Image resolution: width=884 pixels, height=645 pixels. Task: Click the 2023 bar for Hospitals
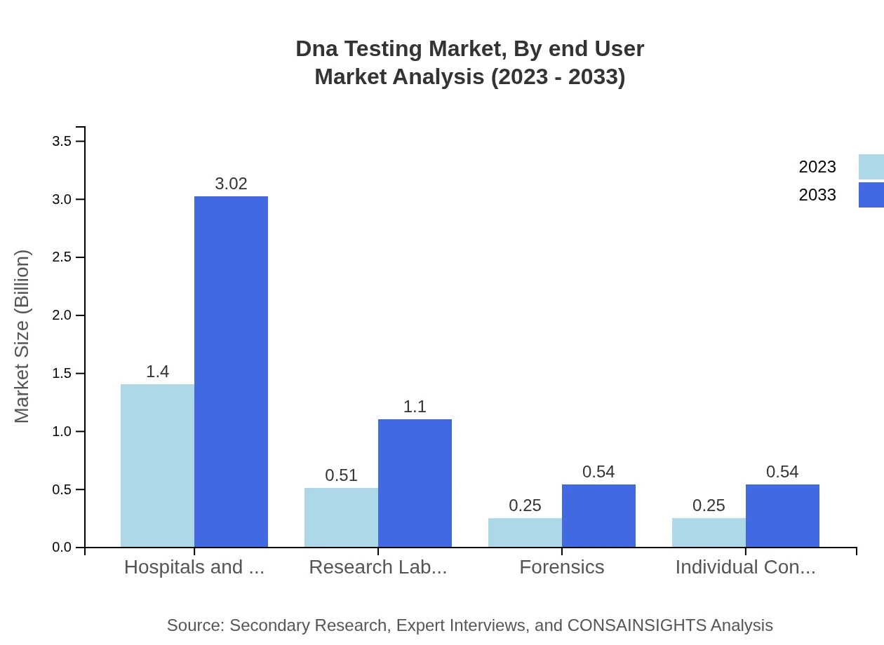(x=157, y=466)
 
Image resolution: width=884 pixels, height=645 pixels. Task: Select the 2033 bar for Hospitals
(x=231, y=372)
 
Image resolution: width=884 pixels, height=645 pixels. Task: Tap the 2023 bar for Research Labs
(x=341, y=517)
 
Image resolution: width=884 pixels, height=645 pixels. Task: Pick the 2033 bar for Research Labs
(x=415, y=483)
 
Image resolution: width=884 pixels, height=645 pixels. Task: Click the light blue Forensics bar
(x=525, y=533)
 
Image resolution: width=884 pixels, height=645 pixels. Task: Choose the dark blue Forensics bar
(x=598, y=515)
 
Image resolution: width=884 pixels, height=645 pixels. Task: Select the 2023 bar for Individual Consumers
(x=709, y=533)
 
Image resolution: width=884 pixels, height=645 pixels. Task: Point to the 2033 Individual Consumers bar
(x=782, y=515)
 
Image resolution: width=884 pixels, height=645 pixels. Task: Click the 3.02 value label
(x=231, y=184)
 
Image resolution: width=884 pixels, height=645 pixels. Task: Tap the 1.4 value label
(x=157, y=372)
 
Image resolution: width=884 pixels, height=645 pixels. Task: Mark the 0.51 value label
(x=341, y=475)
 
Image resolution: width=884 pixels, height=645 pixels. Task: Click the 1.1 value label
(x=415, y=407)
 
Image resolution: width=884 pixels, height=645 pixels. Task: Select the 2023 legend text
(x=817, y=167)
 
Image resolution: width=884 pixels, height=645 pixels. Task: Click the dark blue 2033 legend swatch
(x=871, y=195)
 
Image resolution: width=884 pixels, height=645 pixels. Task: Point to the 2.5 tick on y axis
(x=62, y=257)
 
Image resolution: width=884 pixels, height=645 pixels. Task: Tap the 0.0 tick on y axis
(x=62, y=548)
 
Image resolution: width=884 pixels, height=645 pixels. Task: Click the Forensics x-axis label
(x=561, y=567)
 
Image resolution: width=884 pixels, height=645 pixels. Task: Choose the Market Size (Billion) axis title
(x=22, y=337)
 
